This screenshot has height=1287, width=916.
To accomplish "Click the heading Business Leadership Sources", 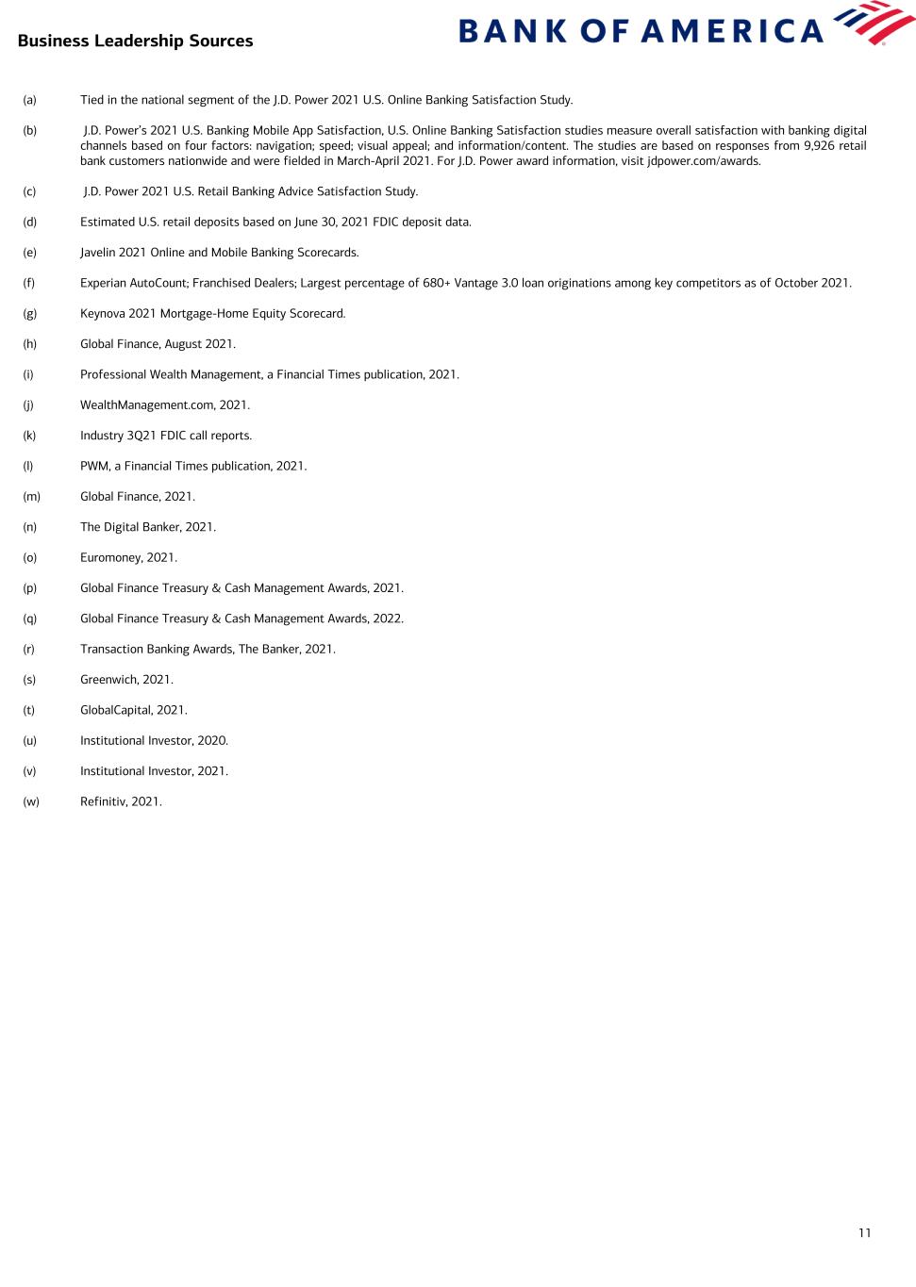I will pos(135,41).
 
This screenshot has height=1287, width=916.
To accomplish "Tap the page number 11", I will pos(865,1232).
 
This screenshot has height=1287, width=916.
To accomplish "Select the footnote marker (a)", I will pos(29,100).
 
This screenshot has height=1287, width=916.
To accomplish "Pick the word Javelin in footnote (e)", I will pos(98,253).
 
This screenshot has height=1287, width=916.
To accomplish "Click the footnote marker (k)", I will pos(29,436).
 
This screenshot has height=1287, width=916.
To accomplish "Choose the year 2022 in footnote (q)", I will pos(388,619).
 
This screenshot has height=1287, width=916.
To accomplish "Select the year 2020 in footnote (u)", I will pos(212,740).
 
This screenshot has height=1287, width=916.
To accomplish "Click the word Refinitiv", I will pos(103,801).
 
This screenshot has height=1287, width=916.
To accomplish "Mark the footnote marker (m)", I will pos(31,497).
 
